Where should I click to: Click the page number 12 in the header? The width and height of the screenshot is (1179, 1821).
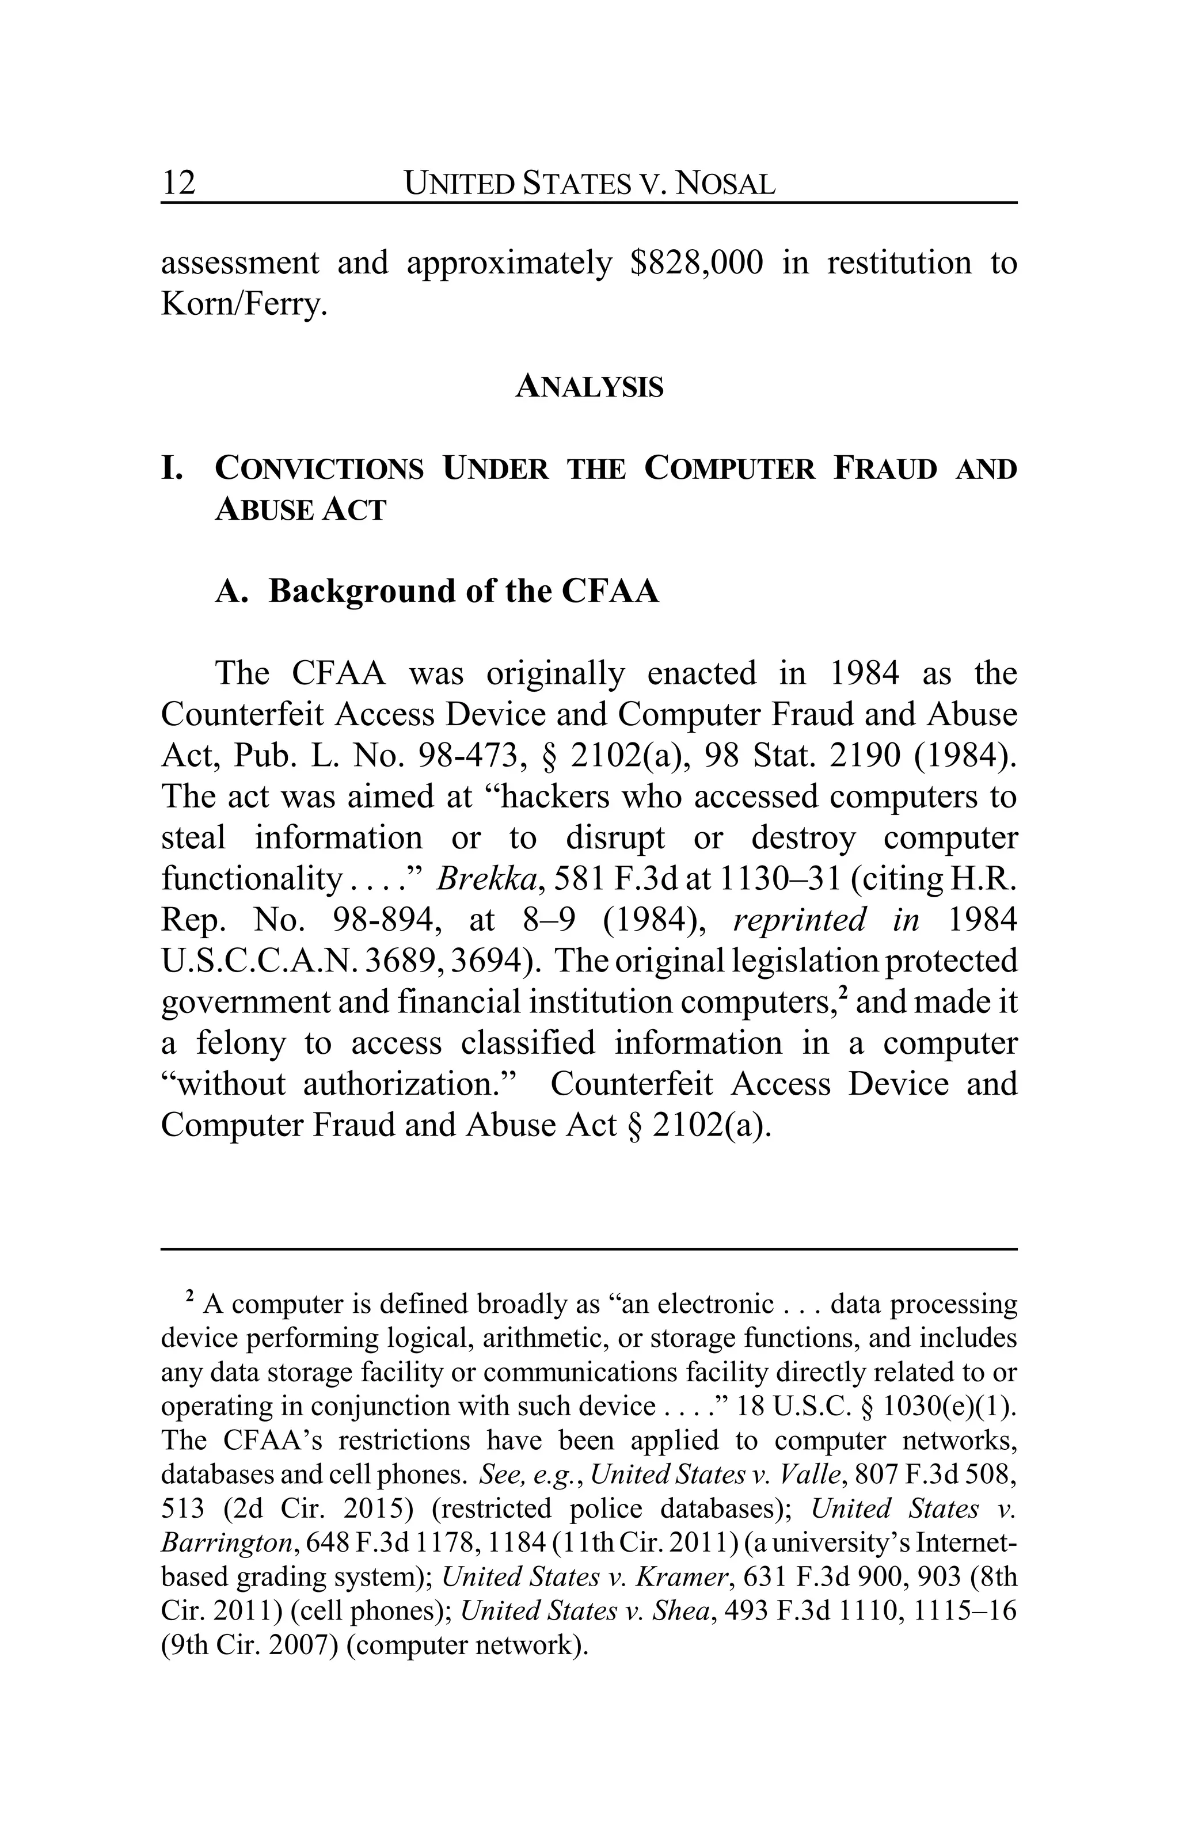pyautogui.click(x=178, y=183)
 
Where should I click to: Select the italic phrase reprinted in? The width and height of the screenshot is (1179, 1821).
pyautogui.click(x=826, y=920)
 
